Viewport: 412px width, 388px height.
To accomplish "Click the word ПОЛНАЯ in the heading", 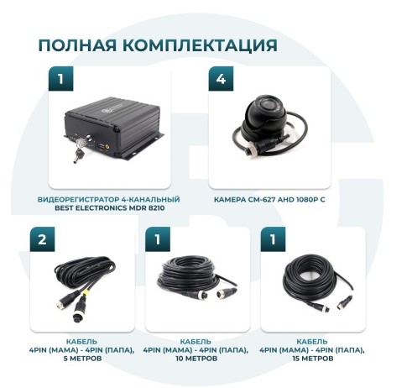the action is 77,45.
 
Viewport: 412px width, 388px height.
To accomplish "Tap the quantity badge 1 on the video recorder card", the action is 60,79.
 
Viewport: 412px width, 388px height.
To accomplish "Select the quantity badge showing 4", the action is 221,79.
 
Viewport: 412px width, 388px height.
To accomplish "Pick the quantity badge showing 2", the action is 42,239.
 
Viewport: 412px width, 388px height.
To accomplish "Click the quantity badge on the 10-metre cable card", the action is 158,239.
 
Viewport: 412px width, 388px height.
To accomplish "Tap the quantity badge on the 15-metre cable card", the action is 273,239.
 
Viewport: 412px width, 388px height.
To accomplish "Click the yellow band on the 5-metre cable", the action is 86,293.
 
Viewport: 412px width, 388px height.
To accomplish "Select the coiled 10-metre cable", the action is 187,275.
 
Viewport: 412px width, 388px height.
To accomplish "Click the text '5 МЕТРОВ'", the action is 82,359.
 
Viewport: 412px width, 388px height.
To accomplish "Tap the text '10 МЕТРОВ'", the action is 196,359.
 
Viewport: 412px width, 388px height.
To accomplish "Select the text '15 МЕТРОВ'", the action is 313,359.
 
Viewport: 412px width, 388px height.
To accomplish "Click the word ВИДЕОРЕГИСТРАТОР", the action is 78,200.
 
